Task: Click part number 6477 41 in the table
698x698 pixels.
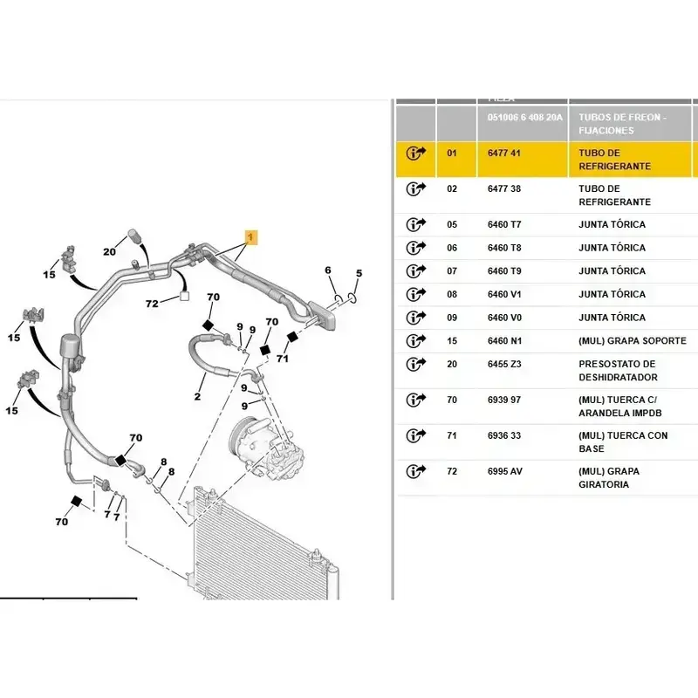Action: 503,153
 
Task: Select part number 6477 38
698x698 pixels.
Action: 503,188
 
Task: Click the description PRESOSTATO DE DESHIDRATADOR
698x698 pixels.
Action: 617,370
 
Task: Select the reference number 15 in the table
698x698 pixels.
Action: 452,340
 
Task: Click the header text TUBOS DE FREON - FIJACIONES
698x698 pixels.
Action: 622,123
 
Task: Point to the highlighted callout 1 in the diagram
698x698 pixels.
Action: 250,236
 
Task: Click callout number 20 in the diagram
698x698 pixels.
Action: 109,252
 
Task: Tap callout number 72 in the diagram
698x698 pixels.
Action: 152,304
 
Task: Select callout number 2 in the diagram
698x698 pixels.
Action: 198,397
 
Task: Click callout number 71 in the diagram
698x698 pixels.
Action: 282,358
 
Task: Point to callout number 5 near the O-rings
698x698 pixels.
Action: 359,273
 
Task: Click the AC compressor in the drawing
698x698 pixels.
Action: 262,444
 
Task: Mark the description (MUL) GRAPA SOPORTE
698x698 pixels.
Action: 632,340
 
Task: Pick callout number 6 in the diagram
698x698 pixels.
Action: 328,270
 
